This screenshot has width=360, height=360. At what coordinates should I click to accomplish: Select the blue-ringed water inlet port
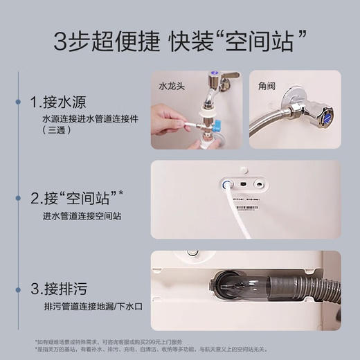click(226, 185)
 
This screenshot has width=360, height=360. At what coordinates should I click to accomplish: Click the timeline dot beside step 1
click(18, 102)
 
